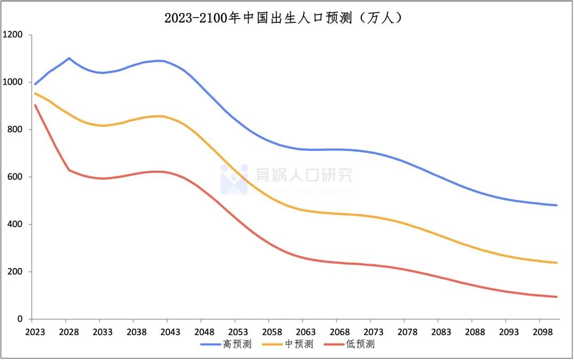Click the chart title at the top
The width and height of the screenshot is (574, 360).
pyautogui.click(x=287, y=18)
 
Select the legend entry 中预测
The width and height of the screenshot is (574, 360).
pyautogui.click(x=294, y=345)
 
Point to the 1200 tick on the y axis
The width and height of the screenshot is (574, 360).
pyautogui.click(x=13, y=35)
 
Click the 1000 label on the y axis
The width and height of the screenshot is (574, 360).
pyautogui.click(x=13, y=82)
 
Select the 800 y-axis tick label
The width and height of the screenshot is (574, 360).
pyautogui.click(x=15, y=130)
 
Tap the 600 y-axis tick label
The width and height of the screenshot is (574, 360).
pyautogui.click(x=15, y=177)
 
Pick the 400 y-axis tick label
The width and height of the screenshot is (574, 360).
pyautogui.click(x=15, y=224)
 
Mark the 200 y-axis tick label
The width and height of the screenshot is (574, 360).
pyautogui.click(x=15, y=272)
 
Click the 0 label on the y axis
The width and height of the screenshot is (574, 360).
pyautogui.click(x=20, y=319)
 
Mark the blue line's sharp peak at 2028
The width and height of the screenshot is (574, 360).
pyautogui.click(x=69, y=58)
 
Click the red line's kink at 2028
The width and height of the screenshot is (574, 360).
pyautogui.click(x=69, y=170)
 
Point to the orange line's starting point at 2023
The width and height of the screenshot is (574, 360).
pyautogui.click(x=35, y=94)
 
